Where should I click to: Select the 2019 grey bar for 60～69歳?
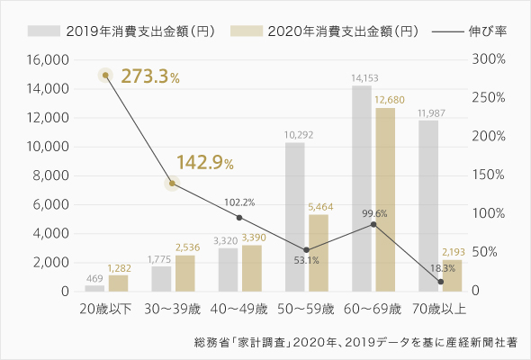click(362, 189)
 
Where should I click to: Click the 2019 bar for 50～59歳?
click(295, 217)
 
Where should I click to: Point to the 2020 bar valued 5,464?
click(319, 253)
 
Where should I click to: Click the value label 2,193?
click(452, 251)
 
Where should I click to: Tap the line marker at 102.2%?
click(238, 218)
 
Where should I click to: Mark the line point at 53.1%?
click(306, 250)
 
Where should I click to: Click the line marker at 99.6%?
click(373, 223)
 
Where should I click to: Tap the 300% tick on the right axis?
click(488, 60)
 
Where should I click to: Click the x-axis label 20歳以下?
click(107, 310)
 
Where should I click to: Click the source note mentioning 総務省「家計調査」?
click(362, 343)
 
